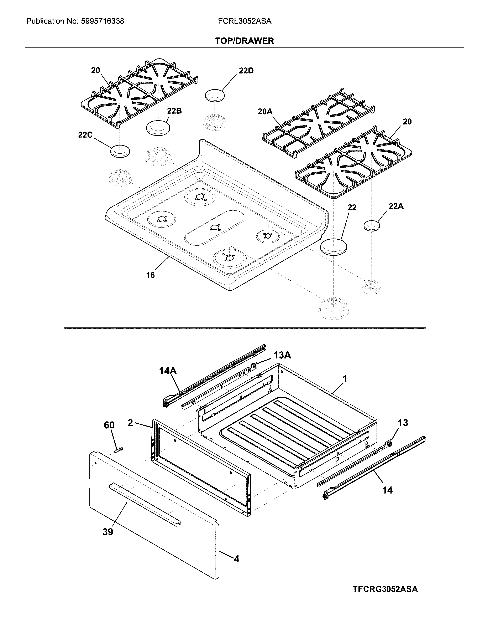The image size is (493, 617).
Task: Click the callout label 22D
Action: [x=246, y=71]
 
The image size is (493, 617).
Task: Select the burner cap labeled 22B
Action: [x=158, y=127]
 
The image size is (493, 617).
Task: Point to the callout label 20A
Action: [x=265, y=112]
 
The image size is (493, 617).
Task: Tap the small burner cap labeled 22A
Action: [x=372, y=225]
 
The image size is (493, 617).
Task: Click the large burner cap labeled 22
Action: [x=334, y=247]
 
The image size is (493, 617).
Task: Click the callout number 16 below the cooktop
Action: [x=150, y=275]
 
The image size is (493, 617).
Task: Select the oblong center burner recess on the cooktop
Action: [x=215, y=228]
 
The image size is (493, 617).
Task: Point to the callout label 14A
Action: [x=168, y=371]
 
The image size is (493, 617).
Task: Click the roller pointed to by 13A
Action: [x=253, y=365]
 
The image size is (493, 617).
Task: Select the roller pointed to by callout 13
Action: [x=389, y=444]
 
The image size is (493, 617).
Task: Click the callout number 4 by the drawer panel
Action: [x=236, y=559]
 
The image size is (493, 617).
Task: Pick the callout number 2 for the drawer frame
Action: [x=130, y=423]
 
